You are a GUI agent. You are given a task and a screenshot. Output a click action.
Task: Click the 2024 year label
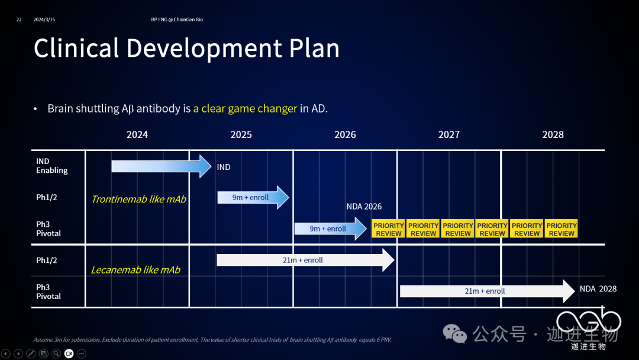coord(137,134)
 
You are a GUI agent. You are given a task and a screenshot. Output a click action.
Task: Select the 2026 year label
coord(345,134)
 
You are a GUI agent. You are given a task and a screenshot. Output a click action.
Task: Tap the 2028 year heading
coord(553,134)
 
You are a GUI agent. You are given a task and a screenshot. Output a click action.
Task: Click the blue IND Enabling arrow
coord(162,166)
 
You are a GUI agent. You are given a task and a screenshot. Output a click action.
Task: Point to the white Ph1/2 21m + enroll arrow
coord(305,260)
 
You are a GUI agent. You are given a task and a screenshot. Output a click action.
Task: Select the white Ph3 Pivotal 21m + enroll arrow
coord(488,291)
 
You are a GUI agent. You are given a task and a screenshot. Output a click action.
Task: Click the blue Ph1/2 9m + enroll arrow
coord(253,197)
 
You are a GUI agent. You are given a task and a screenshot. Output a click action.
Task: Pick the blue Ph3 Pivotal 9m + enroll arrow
coord(331,229)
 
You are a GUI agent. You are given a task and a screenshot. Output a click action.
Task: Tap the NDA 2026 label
coord(364,207)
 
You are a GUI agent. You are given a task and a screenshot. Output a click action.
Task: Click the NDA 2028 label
coord(598,289)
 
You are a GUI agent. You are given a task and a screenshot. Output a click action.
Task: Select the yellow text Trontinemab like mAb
coord(138,200)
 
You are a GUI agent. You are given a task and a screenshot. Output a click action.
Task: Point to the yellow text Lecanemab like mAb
coord(135,270)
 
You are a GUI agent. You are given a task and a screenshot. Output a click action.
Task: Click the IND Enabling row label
coord(51,166)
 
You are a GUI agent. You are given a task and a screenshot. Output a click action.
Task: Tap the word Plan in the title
coord(314,49)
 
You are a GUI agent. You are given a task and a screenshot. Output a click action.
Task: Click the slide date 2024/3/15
coord(44,20)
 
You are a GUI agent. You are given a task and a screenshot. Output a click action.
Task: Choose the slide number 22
coord(19,20)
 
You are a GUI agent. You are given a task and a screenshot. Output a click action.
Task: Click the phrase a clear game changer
coord(245,108)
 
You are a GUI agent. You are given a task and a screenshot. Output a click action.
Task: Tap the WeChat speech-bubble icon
coord(454,333)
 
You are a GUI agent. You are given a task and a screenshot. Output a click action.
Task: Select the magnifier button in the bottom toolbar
coord(56,353)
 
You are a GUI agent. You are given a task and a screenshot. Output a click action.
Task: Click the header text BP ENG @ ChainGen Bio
coord(177,20)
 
